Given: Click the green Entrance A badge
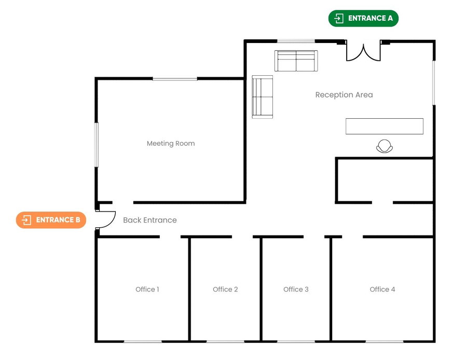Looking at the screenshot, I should (x=363, y=19).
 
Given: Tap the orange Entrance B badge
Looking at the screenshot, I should (x=51, y=220).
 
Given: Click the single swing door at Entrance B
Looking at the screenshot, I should (x=106, y=220).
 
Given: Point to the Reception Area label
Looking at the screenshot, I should (x=344, y=95).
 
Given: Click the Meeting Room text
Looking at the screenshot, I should (x=171, y=144).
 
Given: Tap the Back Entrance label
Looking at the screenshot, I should (x=149, y=220).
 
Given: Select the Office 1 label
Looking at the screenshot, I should (x=147, y=289).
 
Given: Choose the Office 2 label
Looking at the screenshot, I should (x=225, y=289).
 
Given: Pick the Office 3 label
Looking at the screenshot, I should (x=296, y=289).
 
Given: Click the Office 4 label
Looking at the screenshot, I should (x=382, y=289).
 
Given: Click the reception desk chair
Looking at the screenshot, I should (x=384, y=147).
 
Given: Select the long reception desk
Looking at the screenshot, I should (x=384, y=127).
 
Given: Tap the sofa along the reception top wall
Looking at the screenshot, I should (x=296, y=61).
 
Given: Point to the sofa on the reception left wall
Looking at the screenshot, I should (x=263, y=97).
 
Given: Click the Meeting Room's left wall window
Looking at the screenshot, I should (x=96, y=144).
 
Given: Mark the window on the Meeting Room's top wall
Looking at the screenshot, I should (x=175, y=79).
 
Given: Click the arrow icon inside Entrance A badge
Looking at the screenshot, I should (x=339, y=19).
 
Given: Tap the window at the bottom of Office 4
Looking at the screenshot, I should (x=384, y=341).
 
